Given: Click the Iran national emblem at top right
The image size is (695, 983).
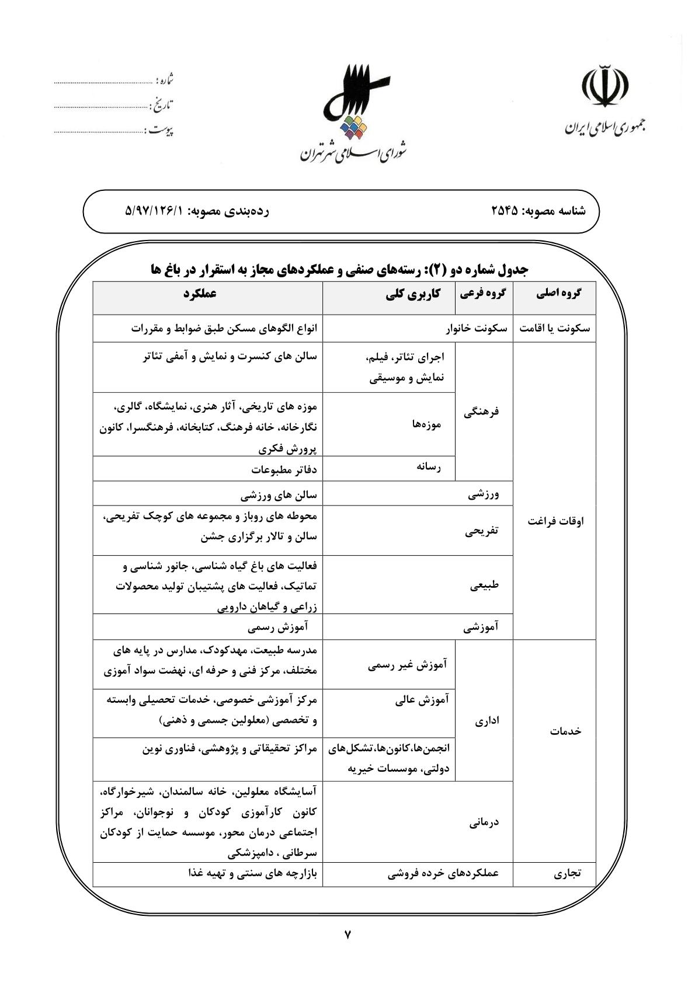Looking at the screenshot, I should pyautogui.click(x=604, y=88).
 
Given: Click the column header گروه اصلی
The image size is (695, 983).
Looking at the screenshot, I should pyautogui.click(x=558, y=294).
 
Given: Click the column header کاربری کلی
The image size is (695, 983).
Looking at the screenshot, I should pyautogui.click(x=413, y=294).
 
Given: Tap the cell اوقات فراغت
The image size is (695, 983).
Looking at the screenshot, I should pyautogui.click(x=555, y=521).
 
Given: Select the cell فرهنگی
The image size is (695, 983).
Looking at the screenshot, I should pyautogui.click(x=482, y=412).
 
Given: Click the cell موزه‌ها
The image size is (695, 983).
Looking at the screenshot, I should pyautogui.click(x=427, y=424).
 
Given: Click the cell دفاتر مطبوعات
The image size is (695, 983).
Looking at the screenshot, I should pyautogui.click(x=284, y=469).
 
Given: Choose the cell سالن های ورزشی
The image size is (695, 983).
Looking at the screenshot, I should pyautogui.click(x=279, y=496).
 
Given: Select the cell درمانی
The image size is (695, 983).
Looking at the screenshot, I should pyautogui.click(x=484, y=822).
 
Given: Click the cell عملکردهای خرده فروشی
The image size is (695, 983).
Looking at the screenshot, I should pyautogui.click(x=443, y=874).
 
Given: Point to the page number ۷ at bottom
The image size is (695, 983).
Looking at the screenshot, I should pyautogui.click(x=347, y=935).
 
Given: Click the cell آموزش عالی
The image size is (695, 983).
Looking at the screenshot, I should pyautogui.click(x=422, y=700).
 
